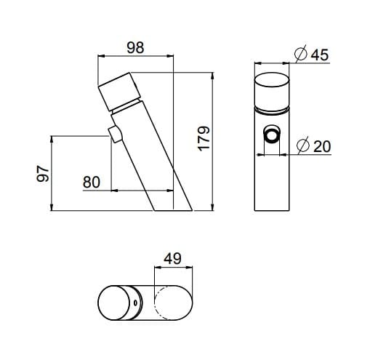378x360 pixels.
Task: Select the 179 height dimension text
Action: click(204, 140)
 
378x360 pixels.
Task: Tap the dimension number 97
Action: click(43, 173)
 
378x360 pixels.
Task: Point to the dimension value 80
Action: click(92, 182)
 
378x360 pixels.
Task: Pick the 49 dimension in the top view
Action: click(173, 258)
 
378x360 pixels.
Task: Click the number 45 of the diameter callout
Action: click(320, 55)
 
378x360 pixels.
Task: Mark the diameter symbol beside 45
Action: click(299, 55)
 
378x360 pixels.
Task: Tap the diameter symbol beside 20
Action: click(303, 146)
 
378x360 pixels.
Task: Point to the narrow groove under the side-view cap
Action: click(127, 108)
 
